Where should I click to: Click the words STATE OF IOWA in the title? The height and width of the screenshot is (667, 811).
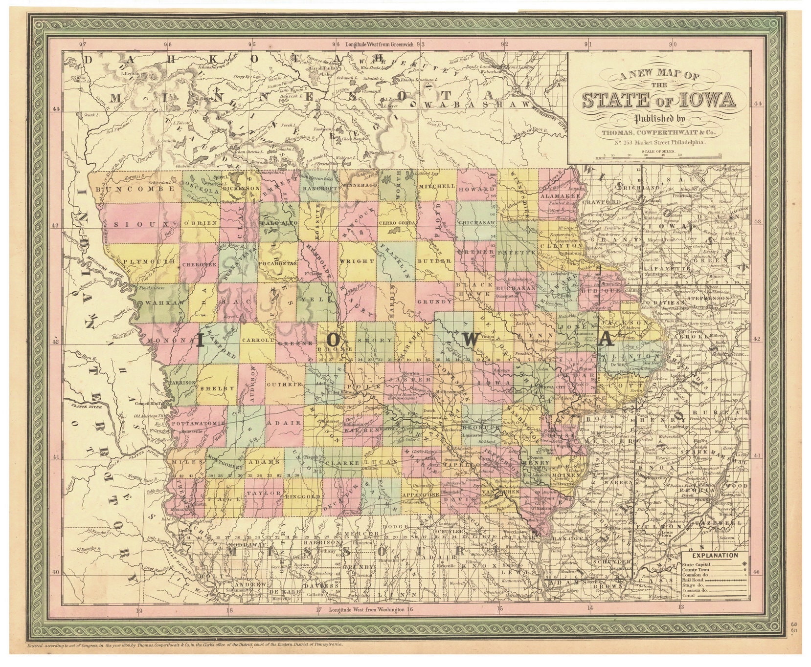(x=658, y=100)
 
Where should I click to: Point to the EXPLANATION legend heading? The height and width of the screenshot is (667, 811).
(x=715, y=555)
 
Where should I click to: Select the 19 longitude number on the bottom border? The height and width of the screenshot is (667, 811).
(x=139, y=610)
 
